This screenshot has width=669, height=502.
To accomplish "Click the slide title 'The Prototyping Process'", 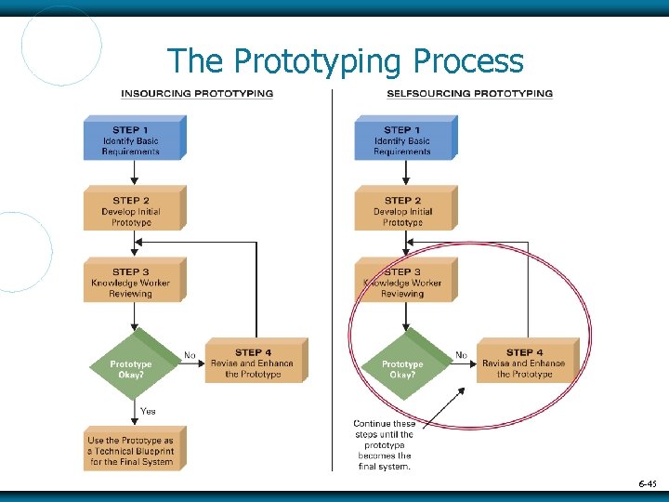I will [345, 61].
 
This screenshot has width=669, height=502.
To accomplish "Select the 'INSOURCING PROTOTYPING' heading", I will [197, 94].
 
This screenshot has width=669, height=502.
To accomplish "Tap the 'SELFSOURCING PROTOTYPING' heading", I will [469, 94].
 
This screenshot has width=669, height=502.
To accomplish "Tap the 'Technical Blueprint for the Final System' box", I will [131, 450].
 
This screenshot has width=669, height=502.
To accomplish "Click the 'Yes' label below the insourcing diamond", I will [149, 411].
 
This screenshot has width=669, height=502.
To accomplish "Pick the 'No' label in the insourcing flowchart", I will [190, 355].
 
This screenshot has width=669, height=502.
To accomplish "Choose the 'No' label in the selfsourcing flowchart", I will [461, 355].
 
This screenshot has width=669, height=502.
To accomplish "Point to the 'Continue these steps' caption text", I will [385, 445].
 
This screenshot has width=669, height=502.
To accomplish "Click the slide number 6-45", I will [647, 483].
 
